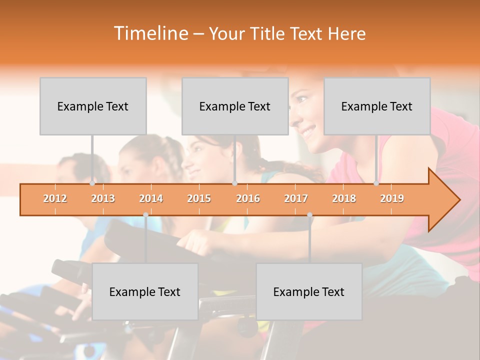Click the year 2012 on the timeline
tap(55, 198)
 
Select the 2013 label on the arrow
tap(103, 198)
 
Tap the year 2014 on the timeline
tap(151, 198)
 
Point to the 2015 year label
tap(199, 198)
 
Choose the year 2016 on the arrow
tap(248, 198)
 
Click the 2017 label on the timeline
tap(296, 198)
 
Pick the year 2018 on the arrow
tap(344, 198)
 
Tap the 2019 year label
tap(392, 198)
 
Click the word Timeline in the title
tap(150, 33)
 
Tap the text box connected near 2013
tap(93, 106)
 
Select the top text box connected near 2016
tap(235, 106)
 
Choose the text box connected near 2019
tap(377, 106)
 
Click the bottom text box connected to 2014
tap(145, 291)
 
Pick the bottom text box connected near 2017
tap(309, 291)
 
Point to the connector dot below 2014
tap(145, 214)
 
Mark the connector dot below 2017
tap(309, 214)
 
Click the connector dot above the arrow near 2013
tap(92, 183)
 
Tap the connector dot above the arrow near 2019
tap(376, 183)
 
